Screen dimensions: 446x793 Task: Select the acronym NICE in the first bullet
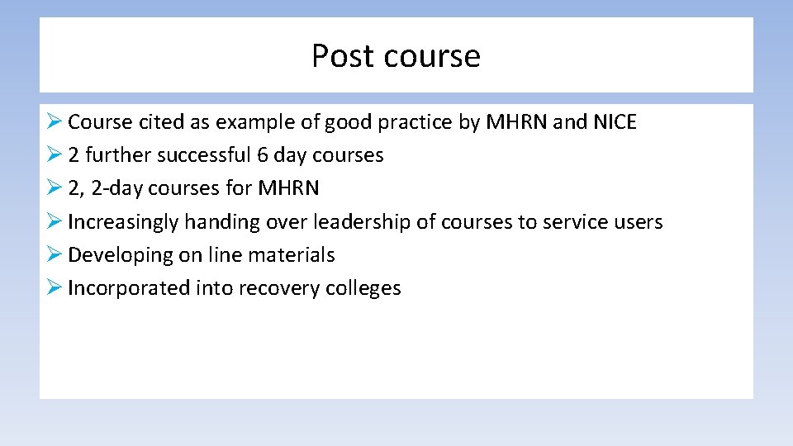click(x=615, y=122)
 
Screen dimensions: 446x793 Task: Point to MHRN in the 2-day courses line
click(x=288, y=188)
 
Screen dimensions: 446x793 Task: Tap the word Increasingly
click(x=123, y=221)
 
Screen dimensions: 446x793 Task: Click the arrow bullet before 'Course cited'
click(x=54, y=122)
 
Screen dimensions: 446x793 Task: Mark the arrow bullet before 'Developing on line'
click(x=54, y=254)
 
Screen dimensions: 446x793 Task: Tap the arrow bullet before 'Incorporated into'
click(x=54, y=287)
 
